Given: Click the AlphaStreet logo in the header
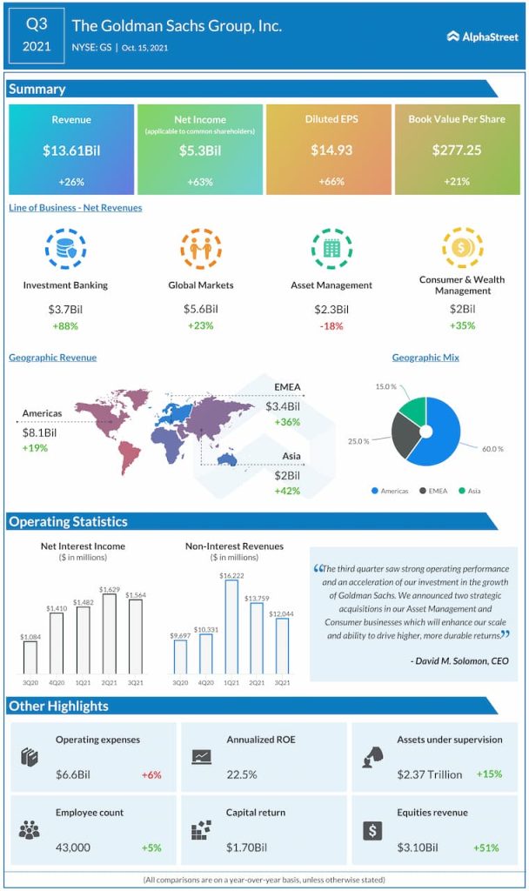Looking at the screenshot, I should pos(482,37).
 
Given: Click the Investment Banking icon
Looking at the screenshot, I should pos(65,249).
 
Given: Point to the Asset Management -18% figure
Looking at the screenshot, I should pos(331,326).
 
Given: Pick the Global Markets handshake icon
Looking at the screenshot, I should pos(200,249).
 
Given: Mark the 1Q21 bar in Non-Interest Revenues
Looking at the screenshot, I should pos(231,626).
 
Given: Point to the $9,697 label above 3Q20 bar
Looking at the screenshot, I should pos(181,636).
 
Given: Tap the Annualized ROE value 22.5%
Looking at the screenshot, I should pos(242,774).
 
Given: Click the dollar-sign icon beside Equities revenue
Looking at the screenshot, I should pos(372,830).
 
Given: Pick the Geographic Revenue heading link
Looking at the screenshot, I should pos(52,358).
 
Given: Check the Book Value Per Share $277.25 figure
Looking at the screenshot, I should pos(456,151).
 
